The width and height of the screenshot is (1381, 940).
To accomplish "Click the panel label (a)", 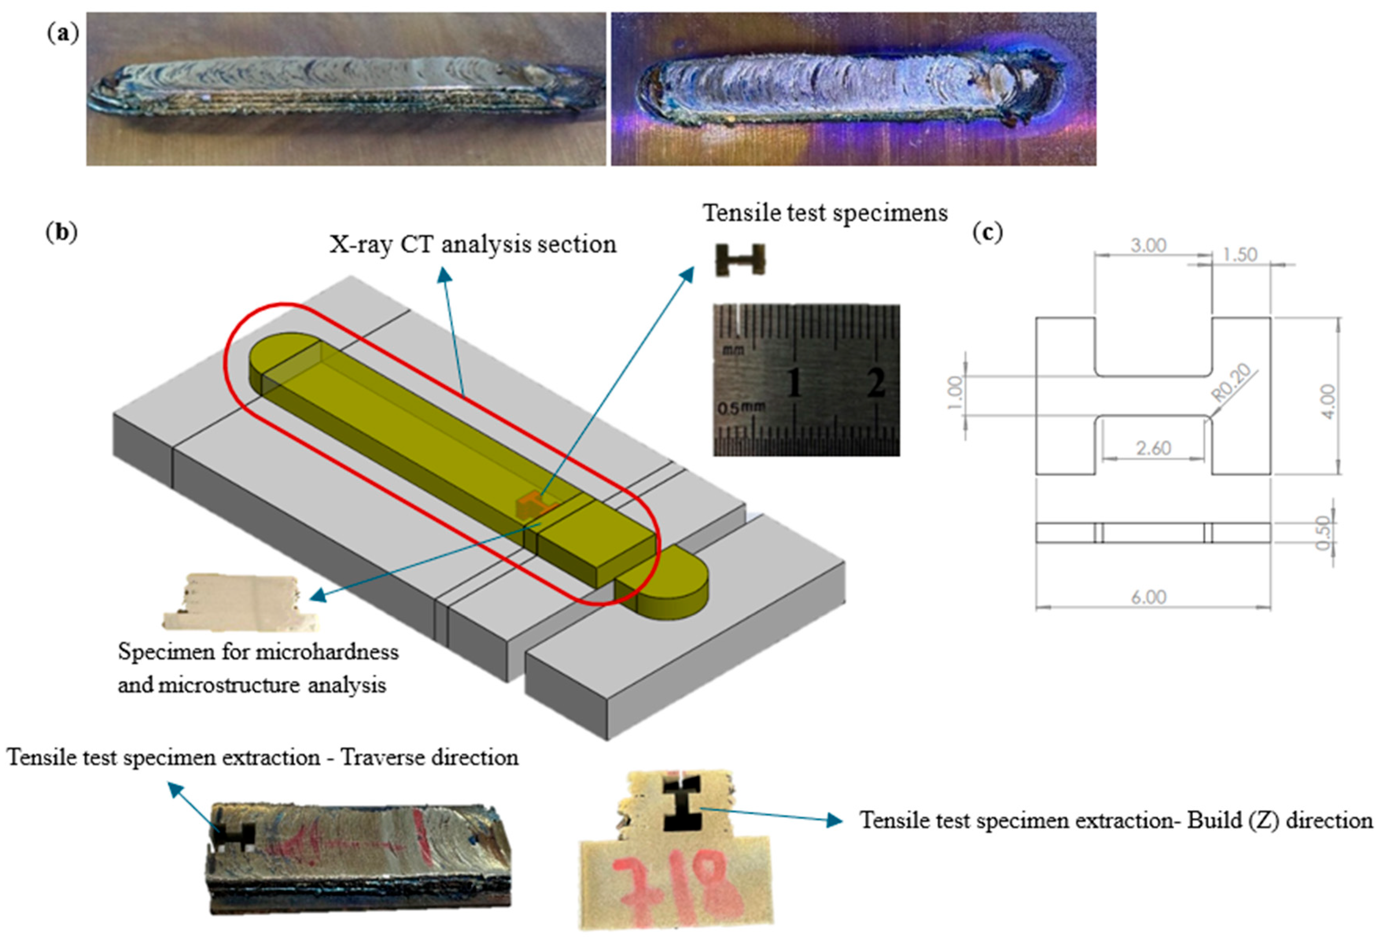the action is click(63, 34).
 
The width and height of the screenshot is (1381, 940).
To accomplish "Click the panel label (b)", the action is click(62, 232).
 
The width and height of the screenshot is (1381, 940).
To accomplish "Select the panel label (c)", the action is click(987, 232).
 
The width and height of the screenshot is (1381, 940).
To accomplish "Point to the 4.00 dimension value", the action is click(1329, 401).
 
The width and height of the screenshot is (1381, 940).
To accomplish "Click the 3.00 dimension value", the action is click(1148, 245).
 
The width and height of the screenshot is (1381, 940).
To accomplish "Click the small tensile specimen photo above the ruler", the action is click(740, 260).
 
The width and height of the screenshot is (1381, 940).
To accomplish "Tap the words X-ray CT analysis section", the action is click(473, 244).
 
